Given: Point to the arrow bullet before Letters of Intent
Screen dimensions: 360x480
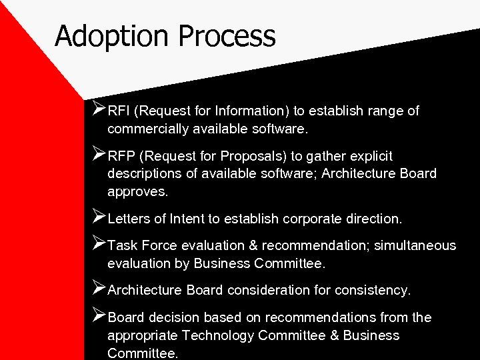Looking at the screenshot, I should tap(99, 217).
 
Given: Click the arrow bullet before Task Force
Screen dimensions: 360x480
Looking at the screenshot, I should tap(99, 244).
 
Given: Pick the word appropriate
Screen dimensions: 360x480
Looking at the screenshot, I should tap(143, 335).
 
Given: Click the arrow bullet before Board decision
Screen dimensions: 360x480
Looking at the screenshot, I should tap(99, 317).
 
